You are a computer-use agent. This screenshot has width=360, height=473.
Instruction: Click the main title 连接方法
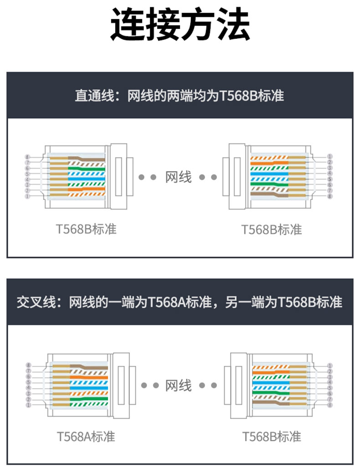pos(180,24)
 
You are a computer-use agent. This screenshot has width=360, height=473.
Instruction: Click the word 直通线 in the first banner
pos(94,96)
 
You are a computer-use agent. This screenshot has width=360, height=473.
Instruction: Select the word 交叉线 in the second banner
pos(36,302)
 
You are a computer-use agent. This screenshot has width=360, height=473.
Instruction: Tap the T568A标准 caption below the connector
pos(86,437)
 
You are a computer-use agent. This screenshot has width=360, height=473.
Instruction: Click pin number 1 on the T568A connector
pos(28,405)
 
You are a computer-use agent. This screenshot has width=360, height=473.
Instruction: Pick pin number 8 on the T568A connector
pos(28,365)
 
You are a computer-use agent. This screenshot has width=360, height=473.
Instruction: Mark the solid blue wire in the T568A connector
pos(89,388)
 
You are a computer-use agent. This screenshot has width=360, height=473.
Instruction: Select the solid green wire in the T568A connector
pos(89,399)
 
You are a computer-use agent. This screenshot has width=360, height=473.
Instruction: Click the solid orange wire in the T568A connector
pos(89,377)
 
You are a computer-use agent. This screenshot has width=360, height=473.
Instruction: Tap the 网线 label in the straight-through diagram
pos(178,177)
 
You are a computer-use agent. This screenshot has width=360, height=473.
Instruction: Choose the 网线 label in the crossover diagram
pos(178,385)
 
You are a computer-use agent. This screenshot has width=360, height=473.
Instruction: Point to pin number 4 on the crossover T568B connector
pos(330,382)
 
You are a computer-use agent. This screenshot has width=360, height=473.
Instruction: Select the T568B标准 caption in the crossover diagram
pos(272,437)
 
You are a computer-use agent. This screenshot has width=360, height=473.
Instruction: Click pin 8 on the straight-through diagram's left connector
pos(27,157)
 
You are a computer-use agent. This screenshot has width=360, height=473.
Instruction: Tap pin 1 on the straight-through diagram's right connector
pos(329,157)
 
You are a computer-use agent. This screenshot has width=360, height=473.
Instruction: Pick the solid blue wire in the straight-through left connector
pos(87,179)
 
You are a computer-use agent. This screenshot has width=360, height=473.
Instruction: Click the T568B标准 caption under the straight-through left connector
pos(86,229)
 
